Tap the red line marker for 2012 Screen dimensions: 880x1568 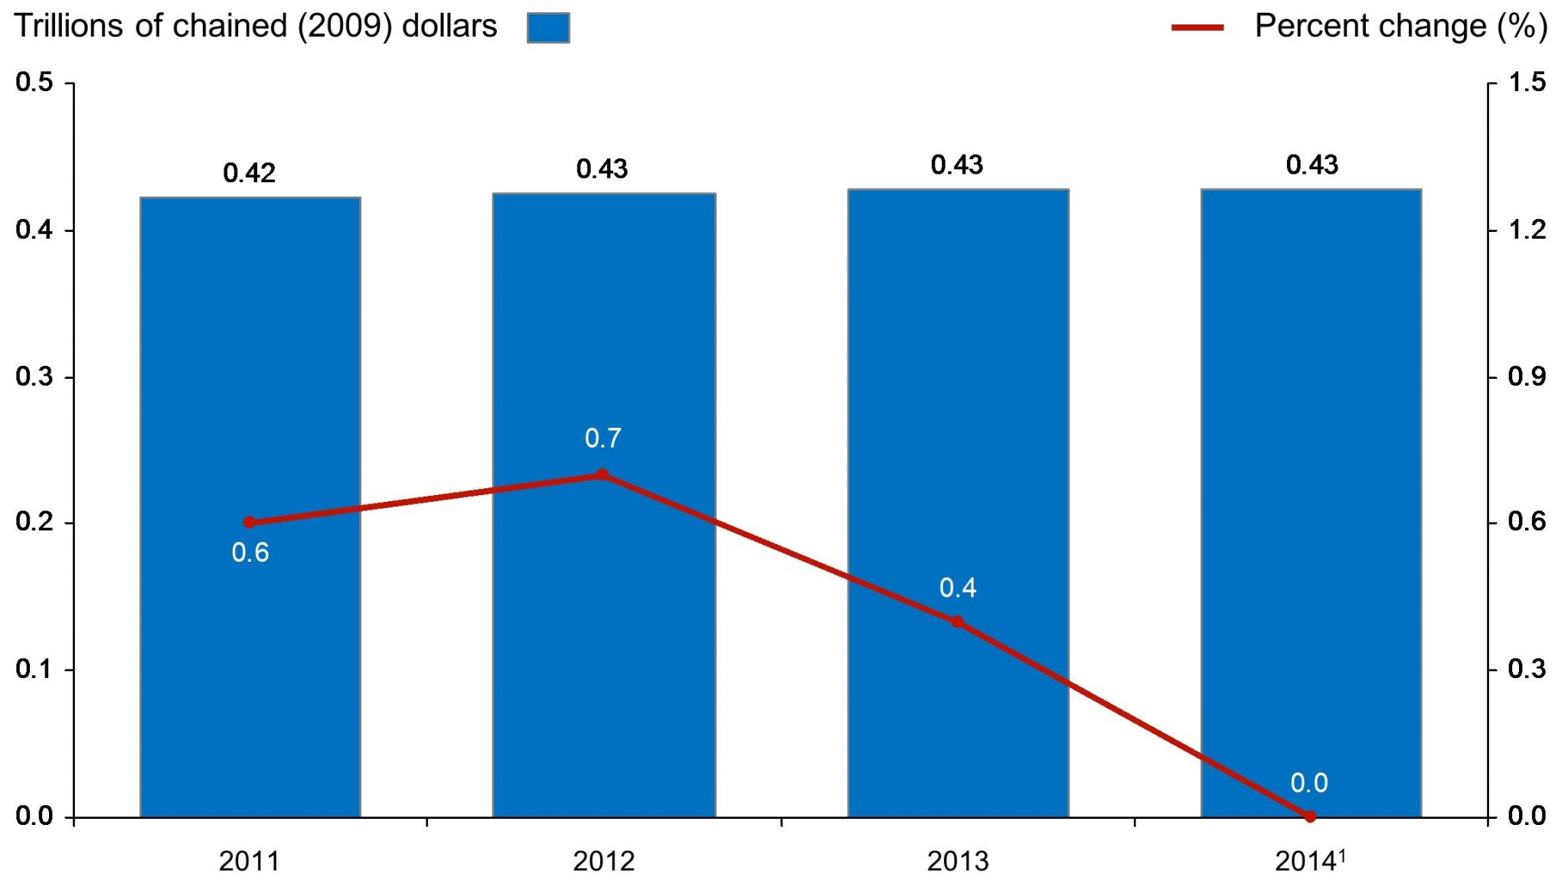[x=602, y=475]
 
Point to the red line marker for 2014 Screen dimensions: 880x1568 [x=1310, y=816]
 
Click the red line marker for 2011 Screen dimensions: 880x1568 [x=249, y=523]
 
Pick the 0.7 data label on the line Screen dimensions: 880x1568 [x=603, y=438]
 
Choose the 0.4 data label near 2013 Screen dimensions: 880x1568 [x=957, y=588]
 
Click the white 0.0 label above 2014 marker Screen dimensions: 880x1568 [x=1308, y=783]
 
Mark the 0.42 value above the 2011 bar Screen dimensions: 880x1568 [x=249, y=173]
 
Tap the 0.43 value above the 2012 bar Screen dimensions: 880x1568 [x=602, y=169]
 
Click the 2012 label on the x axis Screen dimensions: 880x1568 [x=603, y=862]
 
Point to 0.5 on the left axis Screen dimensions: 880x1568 [x=34, y=82]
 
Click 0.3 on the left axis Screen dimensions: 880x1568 [x=34, y=376]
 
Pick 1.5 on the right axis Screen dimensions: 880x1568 [x=1527, y=82]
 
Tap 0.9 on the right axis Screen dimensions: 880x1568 [x=1527, y=376]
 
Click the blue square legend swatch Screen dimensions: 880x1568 [x=548, y=28]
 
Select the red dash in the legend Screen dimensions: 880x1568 [x=1197, y=28]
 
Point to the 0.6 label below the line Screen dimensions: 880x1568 [x=250, y=552]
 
